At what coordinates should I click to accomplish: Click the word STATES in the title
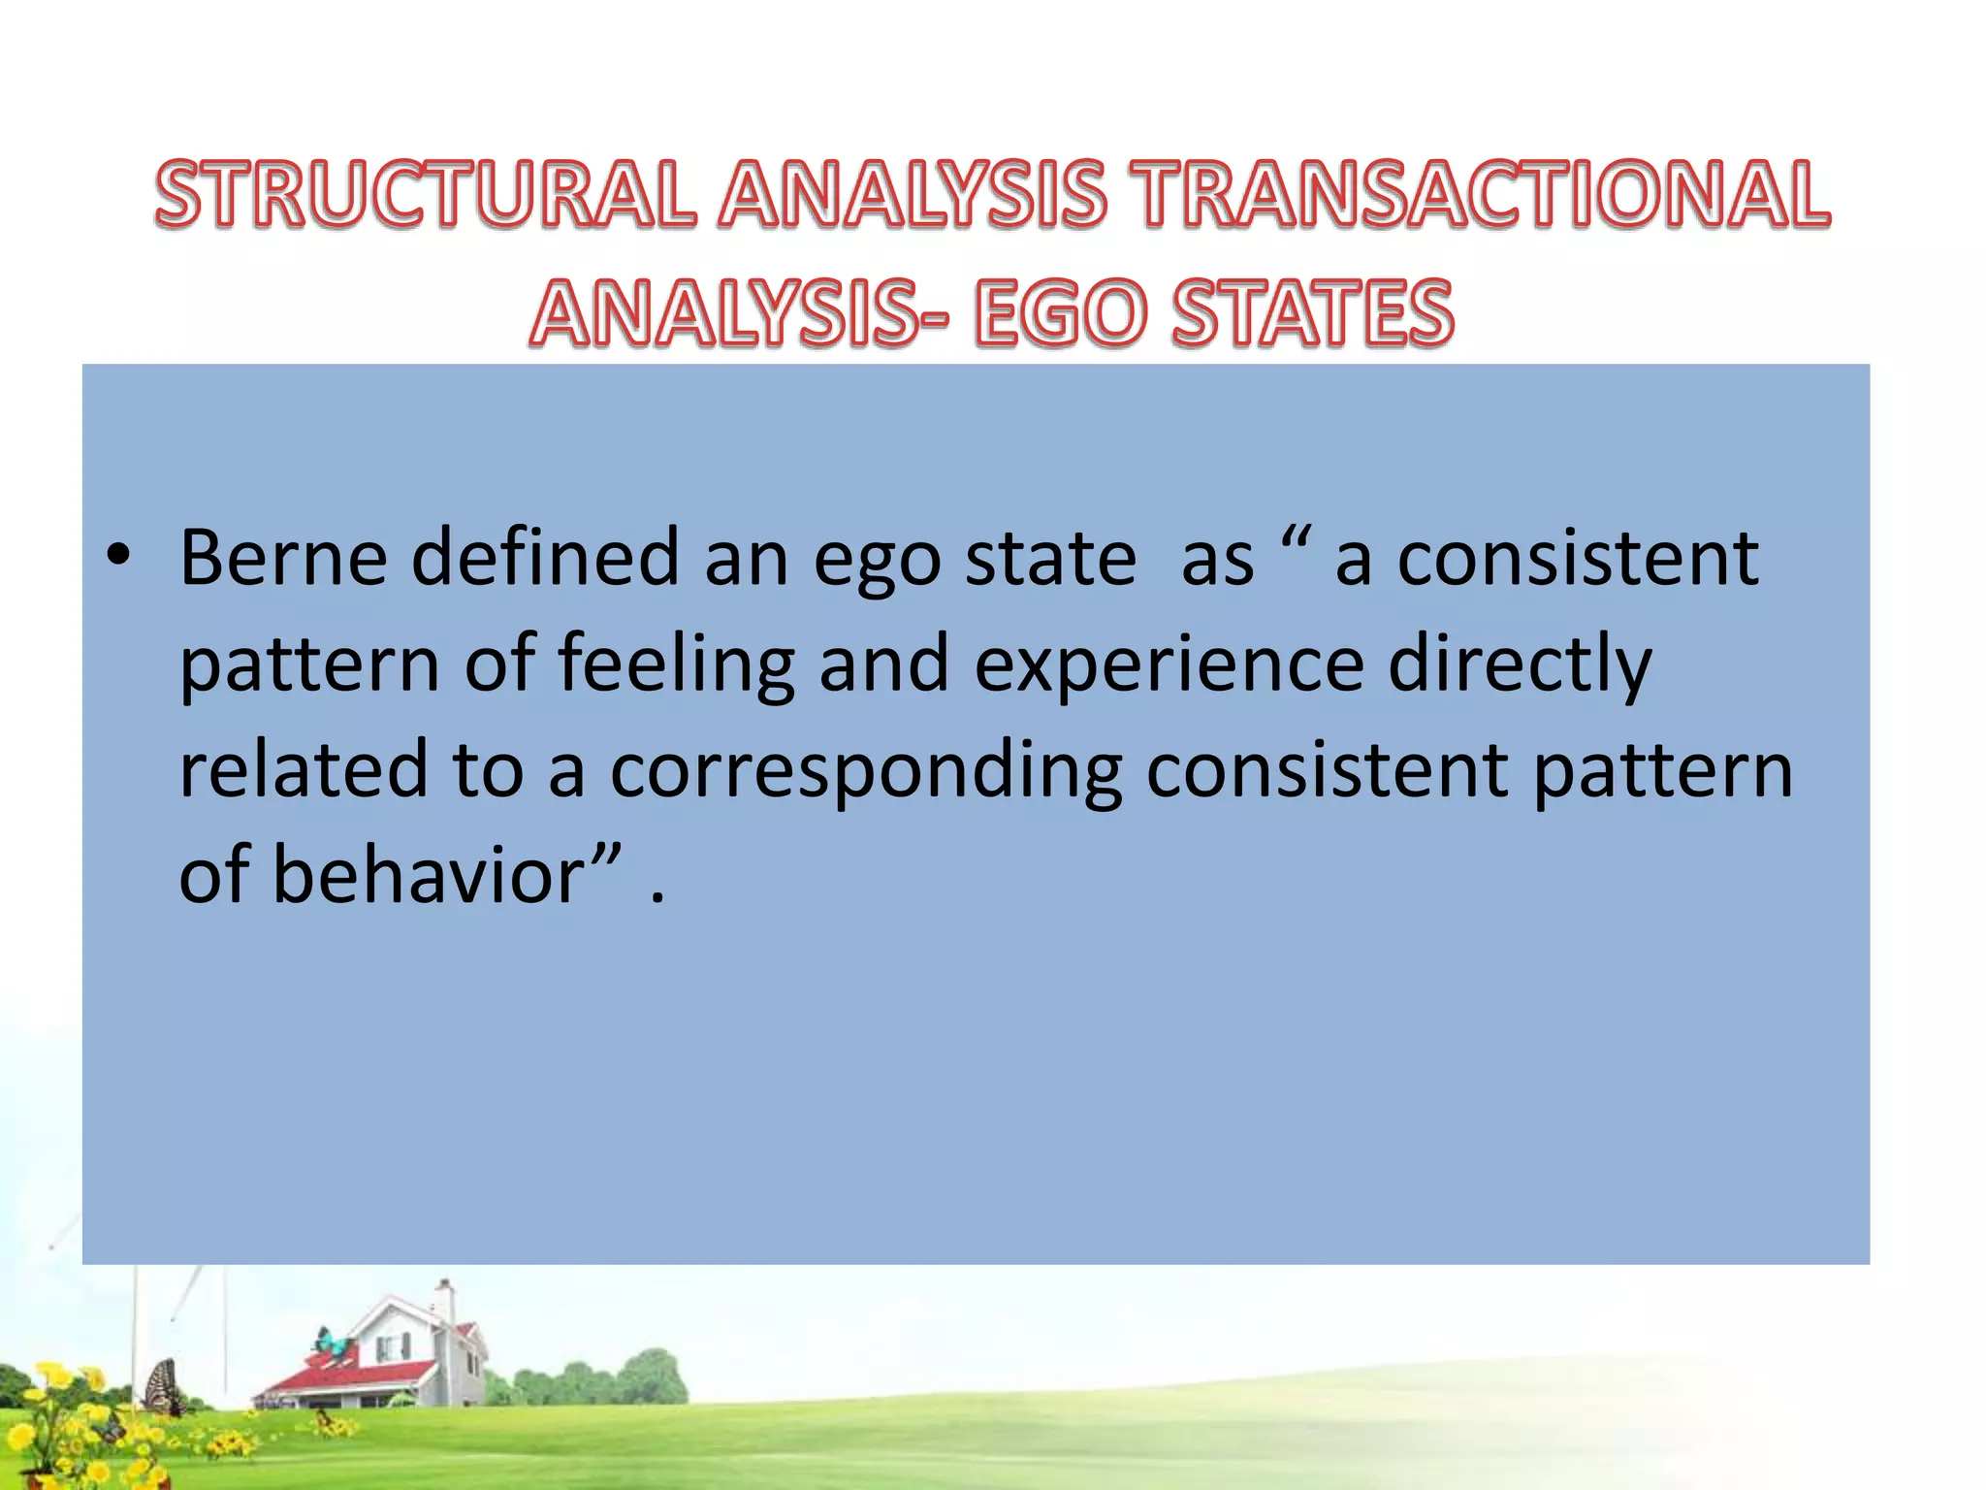coord(1313,312)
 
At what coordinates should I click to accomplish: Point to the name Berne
coord(283,558)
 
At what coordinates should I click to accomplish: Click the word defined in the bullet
coord(545,558)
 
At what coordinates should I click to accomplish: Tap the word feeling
coord(676,664)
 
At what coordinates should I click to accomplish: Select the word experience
coord(1169,664)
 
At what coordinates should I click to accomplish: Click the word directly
coord(1520,664)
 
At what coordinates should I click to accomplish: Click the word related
coord(303,769)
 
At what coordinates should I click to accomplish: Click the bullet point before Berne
coord(118,560)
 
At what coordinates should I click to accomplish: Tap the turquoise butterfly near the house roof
coord(332,1344)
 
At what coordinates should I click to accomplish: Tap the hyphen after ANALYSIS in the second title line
coord(933,316)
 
